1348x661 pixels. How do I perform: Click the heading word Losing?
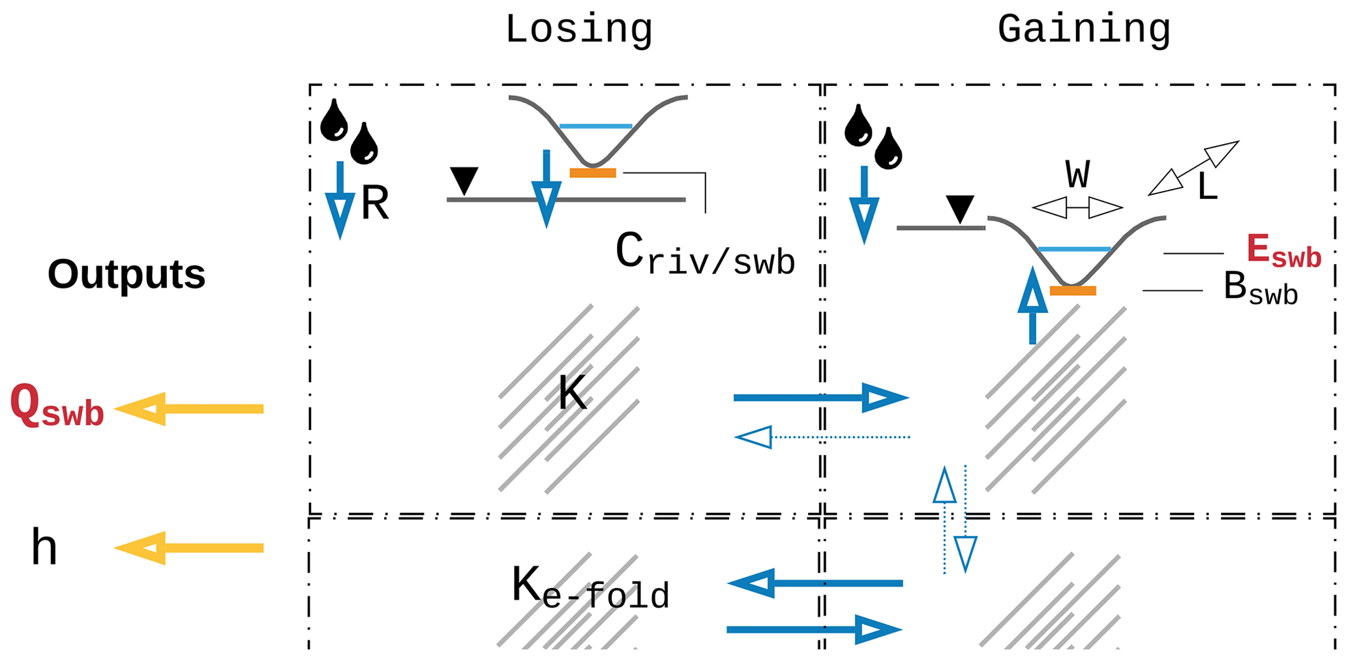point(578,30)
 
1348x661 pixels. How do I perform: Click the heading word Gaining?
point(1084,30)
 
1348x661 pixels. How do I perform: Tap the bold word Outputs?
point(127,274)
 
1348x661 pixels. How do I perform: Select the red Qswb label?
point(57,406)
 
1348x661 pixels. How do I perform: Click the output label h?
point(44,548)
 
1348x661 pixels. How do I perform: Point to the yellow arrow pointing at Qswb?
point(189,409)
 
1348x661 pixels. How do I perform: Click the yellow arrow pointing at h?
point(189,548)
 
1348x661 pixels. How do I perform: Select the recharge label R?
point(375,204)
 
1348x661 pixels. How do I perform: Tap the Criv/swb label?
point(704,255)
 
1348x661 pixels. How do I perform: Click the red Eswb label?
point(1283,252)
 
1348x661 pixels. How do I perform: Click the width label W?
point(1078,175)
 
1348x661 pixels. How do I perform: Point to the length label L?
point(1207,188)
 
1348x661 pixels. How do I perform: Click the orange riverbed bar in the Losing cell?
point(593,173)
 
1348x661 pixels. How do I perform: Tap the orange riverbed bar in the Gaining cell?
point(1073,291)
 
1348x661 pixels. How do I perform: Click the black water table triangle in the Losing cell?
point(464,180)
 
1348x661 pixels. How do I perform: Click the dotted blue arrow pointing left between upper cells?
point(822,437)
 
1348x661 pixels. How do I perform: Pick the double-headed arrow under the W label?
point(1077,208)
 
